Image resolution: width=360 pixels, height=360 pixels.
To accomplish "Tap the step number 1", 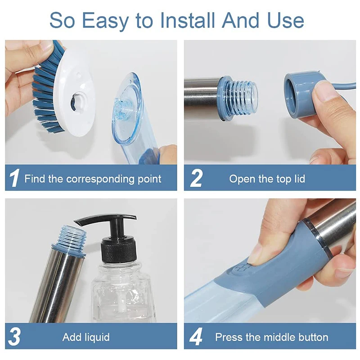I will coord(14,179).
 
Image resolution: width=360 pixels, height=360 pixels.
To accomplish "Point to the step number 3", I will coord(15,337).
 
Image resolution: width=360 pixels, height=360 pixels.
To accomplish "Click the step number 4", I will coord(196,337).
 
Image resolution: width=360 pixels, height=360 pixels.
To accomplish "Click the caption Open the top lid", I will coord(267,179).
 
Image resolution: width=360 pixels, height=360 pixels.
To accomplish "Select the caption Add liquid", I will coord(86,337).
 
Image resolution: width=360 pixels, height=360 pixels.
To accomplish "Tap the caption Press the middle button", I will coord(271,337).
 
